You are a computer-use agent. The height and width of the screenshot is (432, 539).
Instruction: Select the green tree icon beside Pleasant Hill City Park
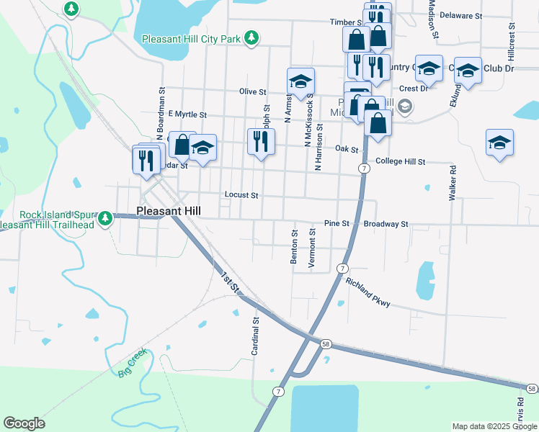coord(251,37)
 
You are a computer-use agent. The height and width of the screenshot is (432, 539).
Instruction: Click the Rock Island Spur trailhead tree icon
coord(106,217)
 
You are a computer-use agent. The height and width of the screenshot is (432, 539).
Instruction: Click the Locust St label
coord(241,194)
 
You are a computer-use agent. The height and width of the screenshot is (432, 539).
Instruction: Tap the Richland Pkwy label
coord(367,293)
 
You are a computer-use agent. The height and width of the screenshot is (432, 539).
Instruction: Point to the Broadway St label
coord(386,224)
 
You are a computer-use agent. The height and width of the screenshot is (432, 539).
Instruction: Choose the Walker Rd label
coord(453,184)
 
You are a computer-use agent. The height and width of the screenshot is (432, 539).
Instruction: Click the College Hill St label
coord(401,162)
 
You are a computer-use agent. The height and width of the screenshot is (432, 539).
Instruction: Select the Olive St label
coord(252,92)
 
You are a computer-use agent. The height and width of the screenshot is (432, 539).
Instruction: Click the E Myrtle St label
coord(187,114)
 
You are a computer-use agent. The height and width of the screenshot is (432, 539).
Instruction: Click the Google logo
coord(24,423)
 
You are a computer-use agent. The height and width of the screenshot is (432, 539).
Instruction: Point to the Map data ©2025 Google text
coord(494,426)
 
